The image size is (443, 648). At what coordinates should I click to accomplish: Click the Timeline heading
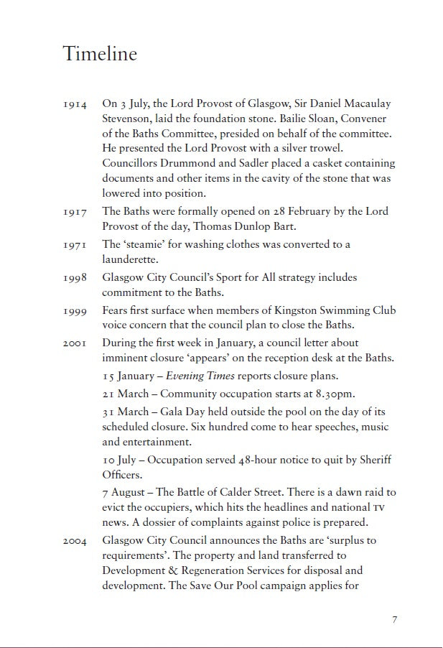[100, 54]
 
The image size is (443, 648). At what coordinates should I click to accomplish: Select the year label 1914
[75, 105]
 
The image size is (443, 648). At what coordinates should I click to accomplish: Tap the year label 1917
[75, 212]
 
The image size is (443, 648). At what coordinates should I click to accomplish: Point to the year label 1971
[75, 245]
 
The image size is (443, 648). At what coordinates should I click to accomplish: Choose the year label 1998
[75, 278]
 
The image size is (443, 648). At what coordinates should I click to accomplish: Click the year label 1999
[75, 311]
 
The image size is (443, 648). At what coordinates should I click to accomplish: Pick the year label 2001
[75, 344]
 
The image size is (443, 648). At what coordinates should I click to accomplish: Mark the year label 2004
[75, 541]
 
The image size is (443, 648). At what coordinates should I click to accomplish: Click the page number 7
[394, 620]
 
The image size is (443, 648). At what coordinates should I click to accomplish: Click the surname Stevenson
[131, 119]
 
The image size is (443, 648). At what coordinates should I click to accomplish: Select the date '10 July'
[120, 459]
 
